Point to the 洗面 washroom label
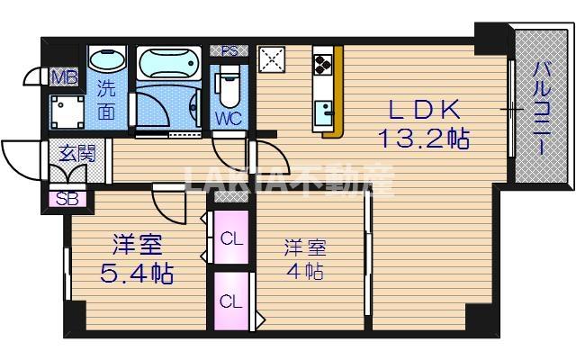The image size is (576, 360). (107, 101)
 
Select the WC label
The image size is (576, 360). (228, 117)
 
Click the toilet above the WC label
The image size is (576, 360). (229, 84)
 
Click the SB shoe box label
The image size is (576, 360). (66, 199)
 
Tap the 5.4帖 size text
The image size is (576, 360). (138, 270)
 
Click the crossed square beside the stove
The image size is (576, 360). (271, 59)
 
